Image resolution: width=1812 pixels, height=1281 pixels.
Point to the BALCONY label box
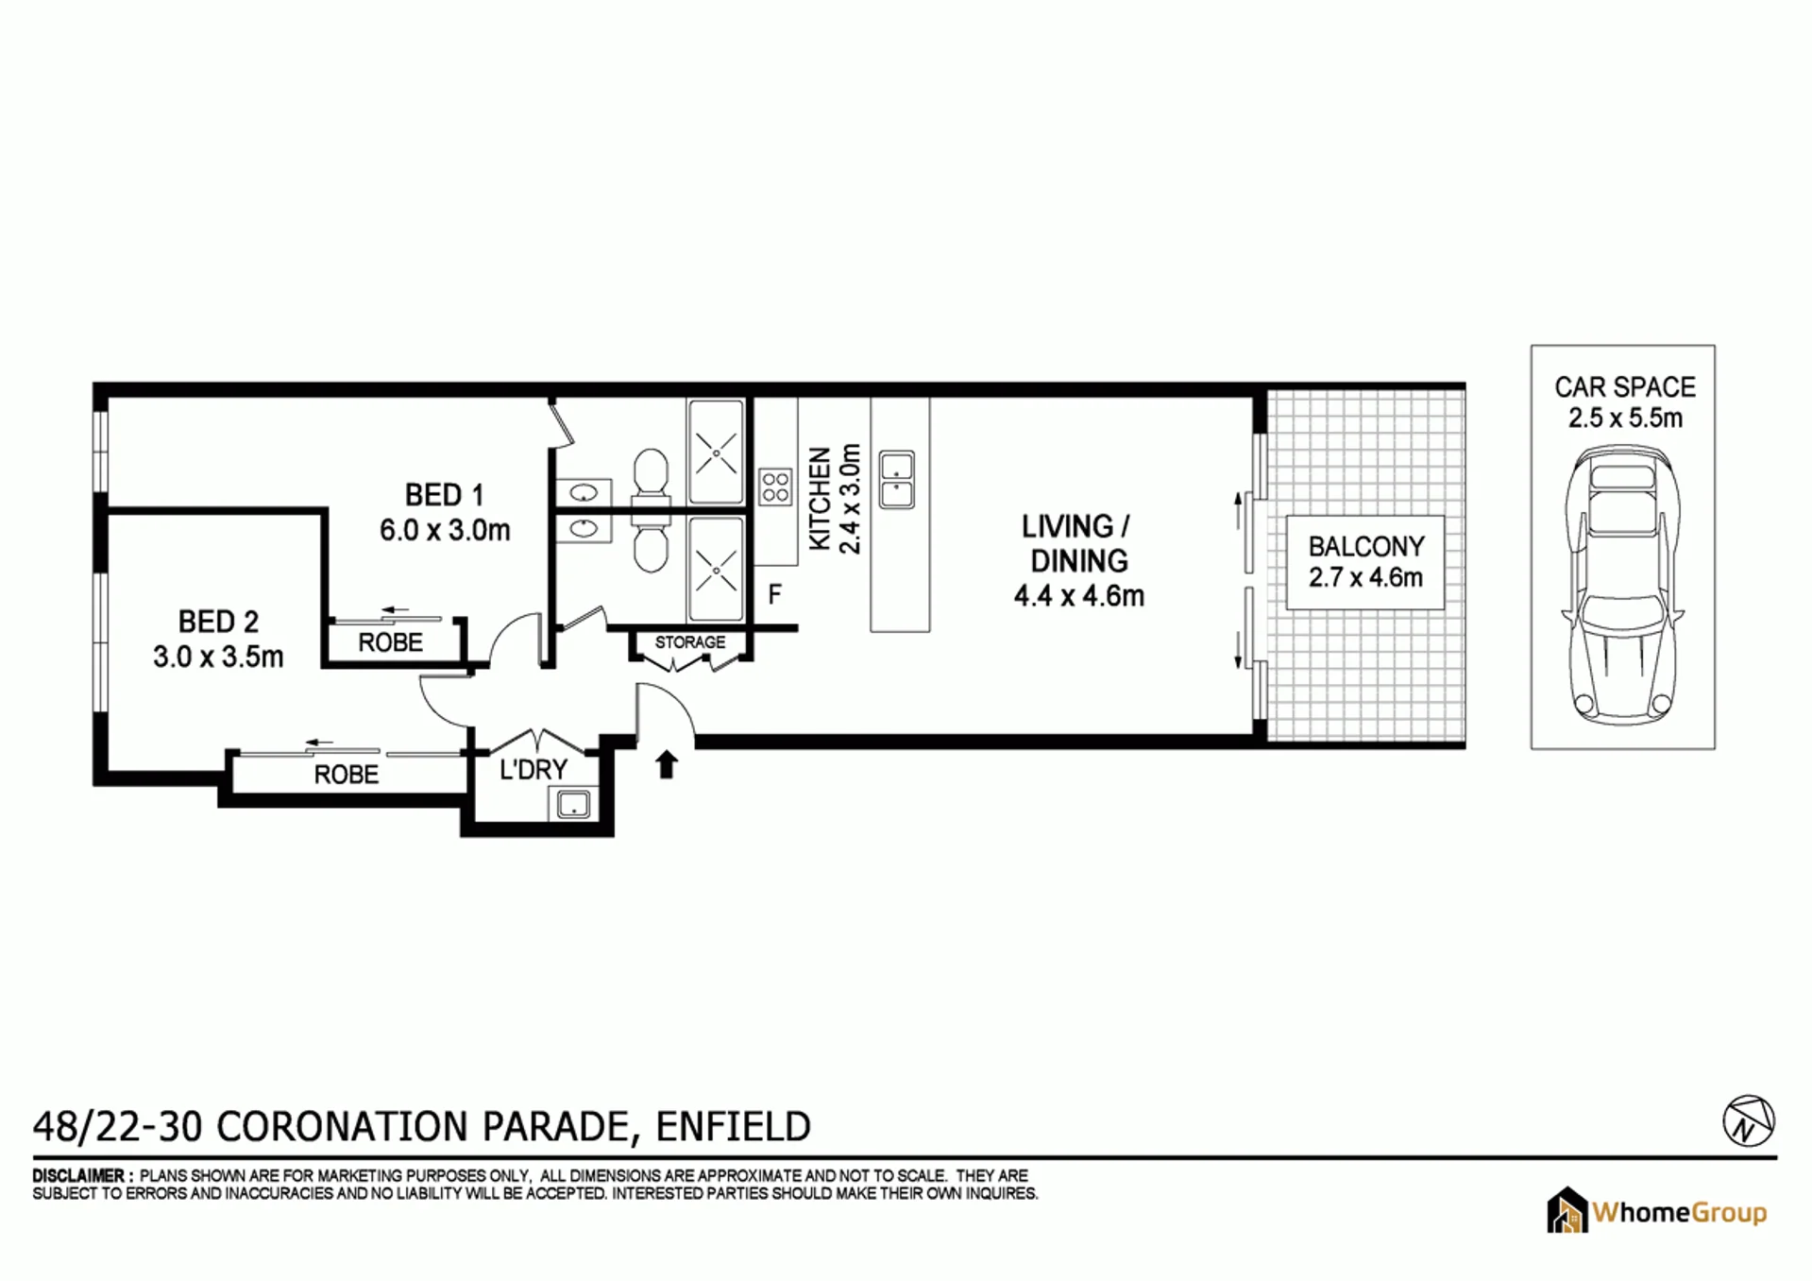click(1365, 562)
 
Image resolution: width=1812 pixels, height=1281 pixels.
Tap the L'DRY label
click(533, 770)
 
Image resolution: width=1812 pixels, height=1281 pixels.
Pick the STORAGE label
click(690, 642)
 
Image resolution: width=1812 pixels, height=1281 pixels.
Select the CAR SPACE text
click(1625, 387)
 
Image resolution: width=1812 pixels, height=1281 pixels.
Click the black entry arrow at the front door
click(667, 764)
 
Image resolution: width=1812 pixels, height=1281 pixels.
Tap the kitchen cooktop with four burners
click(775, 487)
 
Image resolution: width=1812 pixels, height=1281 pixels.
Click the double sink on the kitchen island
click(897, 479)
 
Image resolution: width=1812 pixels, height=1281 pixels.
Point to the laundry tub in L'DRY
click(573, 804)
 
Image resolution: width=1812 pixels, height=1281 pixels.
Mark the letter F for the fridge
click(774, 594)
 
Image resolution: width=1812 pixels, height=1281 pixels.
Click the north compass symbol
click(1749, 1121)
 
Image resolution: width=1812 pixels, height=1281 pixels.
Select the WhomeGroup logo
click(1657, 1211)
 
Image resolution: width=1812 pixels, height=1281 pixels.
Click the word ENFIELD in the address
click(733, 1126)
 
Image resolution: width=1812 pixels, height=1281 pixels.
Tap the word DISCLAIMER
click(77, 1176)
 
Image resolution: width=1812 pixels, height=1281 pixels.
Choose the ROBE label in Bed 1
click(391, 643)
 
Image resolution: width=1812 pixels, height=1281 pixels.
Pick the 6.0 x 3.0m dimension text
click(445, 530)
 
